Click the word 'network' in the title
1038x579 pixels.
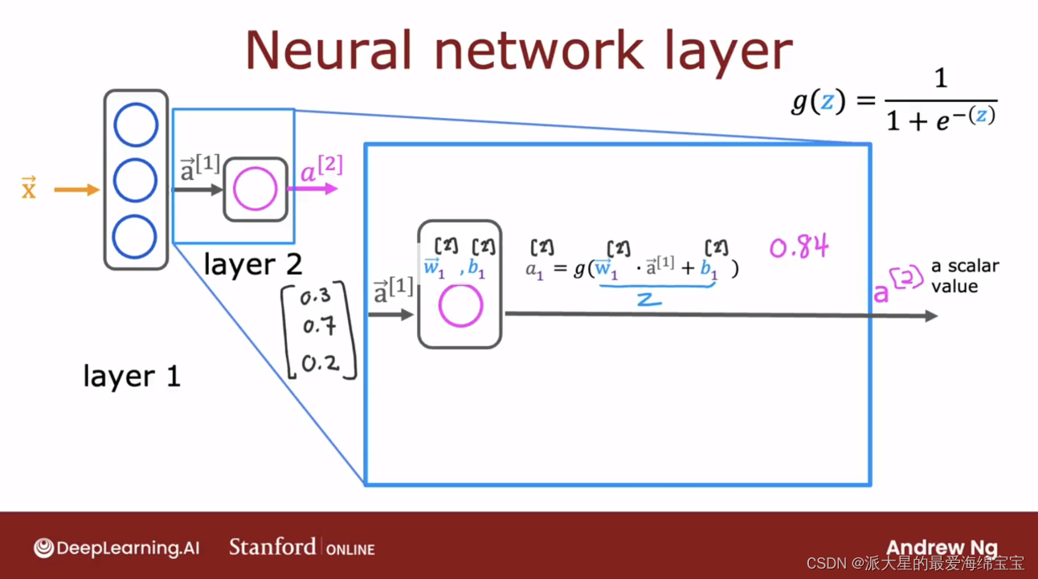(538, 51)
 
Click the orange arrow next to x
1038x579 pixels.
(76, 190)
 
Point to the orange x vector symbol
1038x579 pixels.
(29, 188)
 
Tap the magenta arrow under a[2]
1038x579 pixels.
(313, 189)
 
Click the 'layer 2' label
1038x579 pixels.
(253, 265)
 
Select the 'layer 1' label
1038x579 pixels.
(132, 376)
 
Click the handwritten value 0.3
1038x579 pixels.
(316, 296)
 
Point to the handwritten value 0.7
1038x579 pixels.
(319, 326)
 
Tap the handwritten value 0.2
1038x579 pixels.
(321, 364)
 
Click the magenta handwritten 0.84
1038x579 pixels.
(799, 246)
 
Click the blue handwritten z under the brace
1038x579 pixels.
(649, 300)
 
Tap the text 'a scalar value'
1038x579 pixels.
(965, 276)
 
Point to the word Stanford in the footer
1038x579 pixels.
(272, 547)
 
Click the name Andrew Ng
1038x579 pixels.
(942, 548)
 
